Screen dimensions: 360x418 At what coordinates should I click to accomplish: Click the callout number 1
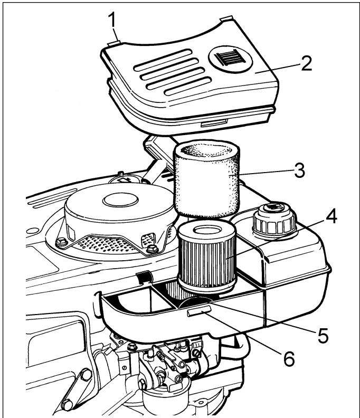click(113, 20)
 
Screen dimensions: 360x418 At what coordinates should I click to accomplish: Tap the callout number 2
click(306, 63)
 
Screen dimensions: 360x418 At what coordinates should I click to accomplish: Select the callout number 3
click(299, 170)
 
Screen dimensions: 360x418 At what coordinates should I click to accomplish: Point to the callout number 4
click(331, 217)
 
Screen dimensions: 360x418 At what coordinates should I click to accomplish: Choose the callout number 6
click(289, 359)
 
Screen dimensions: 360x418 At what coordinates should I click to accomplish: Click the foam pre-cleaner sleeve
click(206, 178)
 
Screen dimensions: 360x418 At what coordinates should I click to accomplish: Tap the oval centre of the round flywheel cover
click(121, 200)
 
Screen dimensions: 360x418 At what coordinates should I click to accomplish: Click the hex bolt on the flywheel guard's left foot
click(62, 242)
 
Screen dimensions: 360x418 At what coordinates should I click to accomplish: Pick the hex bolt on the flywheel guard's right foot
click(153, 249)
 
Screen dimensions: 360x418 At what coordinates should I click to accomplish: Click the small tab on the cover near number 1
click(114, 43)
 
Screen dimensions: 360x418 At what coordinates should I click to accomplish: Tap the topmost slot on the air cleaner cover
click(163, 60)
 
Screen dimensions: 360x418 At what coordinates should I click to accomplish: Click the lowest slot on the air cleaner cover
click(188, 86)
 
